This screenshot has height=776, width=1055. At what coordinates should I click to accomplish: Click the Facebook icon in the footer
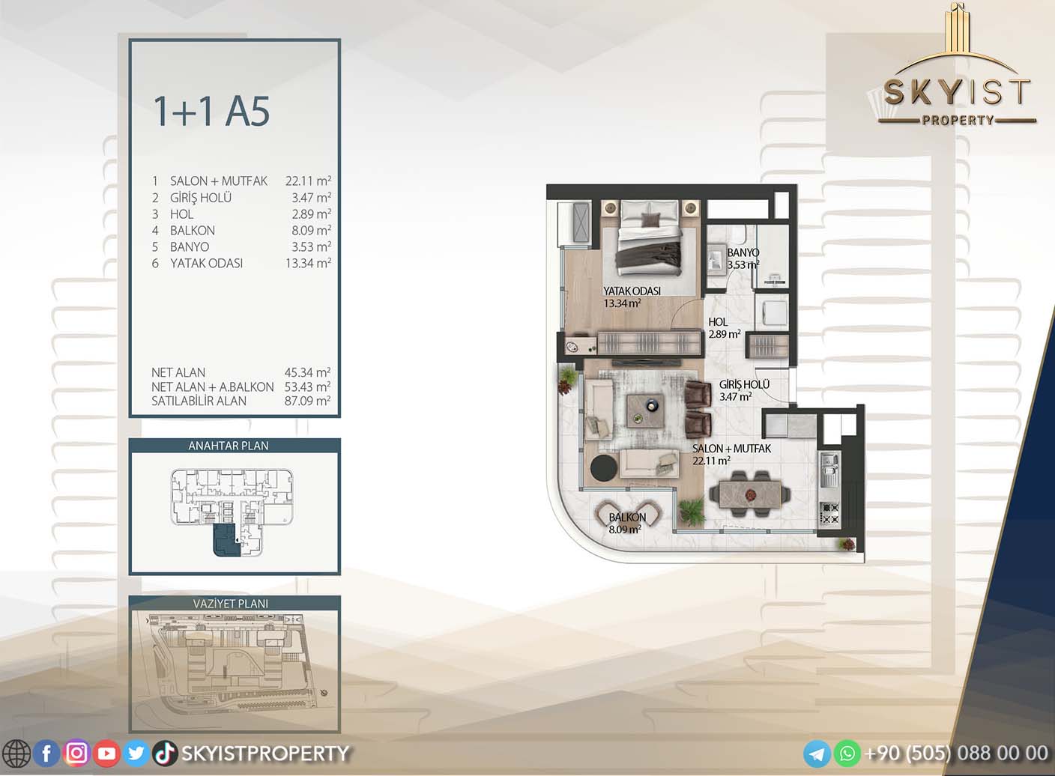[x=46, y=754]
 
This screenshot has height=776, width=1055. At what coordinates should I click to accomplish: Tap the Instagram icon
[x=76, y=753]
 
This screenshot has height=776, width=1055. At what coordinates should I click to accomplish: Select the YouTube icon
[x=106, y=754]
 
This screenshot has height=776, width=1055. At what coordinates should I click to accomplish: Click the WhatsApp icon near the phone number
[x=847, y=754]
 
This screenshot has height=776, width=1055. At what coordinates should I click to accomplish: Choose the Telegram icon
[x=817, y=754]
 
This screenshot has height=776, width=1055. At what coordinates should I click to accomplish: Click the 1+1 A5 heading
[x=211, y=112]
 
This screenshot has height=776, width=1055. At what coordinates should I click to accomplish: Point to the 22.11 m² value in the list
[x=308, y=181]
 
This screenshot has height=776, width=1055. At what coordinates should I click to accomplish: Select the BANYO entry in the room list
[x=190, y=246]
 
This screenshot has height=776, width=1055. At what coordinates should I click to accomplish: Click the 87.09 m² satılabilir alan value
[x=307, y=401]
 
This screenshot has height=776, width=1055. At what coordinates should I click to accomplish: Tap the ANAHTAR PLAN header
[x=229, y=446]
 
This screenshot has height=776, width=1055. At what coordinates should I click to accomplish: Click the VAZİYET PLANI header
[x=230, y=603]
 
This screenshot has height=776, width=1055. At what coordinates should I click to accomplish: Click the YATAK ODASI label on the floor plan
[x=632, y=291]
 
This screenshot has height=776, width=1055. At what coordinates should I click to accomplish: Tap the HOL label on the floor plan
[x=718, y=322]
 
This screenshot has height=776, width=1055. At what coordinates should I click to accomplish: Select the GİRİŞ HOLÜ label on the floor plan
[x=744, y=385]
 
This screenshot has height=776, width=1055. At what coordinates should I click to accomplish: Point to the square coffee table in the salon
[x=646, y=410]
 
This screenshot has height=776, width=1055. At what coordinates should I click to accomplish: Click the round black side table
[x=604, y=467]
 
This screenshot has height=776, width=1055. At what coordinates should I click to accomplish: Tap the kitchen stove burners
[x=829, y=514]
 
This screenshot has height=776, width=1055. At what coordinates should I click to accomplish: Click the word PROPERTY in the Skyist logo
[x=958, y=120]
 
